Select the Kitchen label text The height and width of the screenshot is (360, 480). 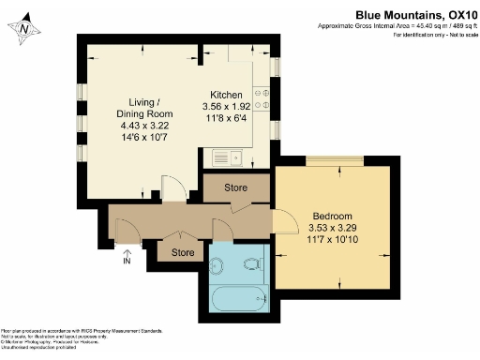[x=226, y=96]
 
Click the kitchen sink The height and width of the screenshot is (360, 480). [x=226, y=157]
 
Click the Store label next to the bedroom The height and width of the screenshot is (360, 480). [x=236, y=188]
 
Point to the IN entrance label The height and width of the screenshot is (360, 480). [x=127, y=262]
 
